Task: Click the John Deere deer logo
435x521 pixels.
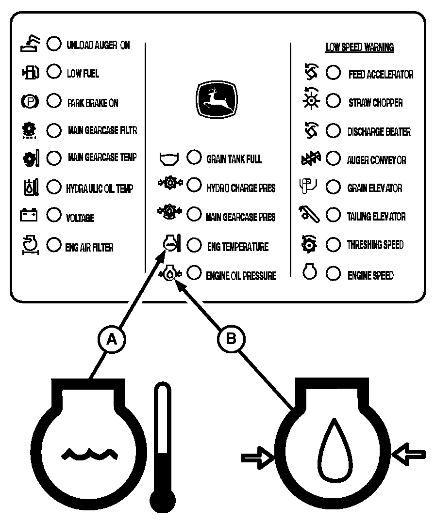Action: [x=217, y=99]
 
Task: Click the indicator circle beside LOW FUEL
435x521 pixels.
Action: [x=54, y=72]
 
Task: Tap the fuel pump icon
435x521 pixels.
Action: [x=31, y=72]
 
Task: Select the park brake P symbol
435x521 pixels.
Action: [x=30, y=101]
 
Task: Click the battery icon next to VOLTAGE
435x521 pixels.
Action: [x=29, y=215]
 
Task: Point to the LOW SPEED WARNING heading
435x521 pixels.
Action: [x=360, y=47]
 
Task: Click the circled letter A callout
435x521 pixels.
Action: [x=112, y=340]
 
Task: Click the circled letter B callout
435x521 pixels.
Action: [x=231, y=339]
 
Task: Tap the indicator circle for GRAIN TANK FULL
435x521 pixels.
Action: [x=194, y=157]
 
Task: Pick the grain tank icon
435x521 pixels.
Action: [x=169, y=159]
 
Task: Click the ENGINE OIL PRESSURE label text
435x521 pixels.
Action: [x=241, y=276]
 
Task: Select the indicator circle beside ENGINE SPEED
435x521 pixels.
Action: [x=333, y=274]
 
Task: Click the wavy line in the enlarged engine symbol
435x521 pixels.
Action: [x=89, y=454]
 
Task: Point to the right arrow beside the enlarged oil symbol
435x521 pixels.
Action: [x=409, y=454]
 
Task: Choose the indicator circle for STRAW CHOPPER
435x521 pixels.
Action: [x=333, y=101]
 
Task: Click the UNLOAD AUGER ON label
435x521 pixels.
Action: [x=98, y=45]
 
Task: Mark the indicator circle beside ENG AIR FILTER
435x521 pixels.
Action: [x=54, y=245]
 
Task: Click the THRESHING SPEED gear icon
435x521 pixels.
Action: [x=309, y=245]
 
